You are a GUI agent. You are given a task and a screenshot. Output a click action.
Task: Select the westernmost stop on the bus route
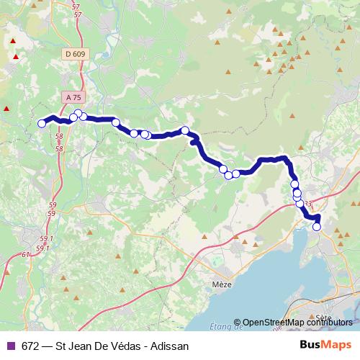[42, 124]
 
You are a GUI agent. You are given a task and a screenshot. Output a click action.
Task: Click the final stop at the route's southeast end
[317, 227]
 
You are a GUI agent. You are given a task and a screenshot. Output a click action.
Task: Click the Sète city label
[322, 318]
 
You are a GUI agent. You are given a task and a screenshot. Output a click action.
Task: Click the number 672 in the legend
[31, 346]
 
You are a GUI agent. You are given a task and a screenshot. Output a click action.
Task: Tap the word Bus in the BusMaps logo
[310, 346]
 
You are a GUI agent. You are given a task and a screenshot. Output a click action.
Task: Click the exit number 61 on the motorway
[27, 254]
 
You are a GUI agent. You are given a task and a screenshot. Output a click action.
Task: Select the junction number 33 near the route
[308, 204]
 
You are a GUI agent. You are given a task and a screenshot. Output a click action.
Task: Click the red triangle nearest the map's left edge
[6, 109]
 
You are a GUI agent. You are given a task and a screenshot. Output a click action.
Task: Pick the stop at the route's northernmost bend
[78, 113]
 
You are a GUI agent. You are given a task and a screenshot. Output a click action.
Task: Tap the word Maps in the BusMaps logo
[337, 346]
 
